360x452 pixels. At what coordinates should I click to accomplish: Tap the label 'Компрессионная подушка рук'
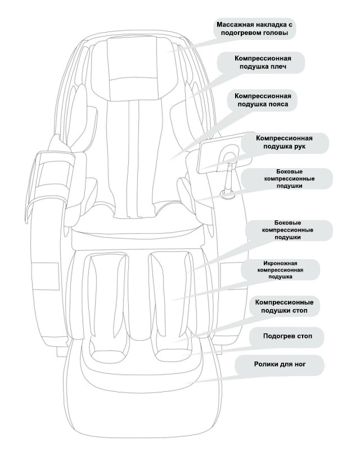tap(283, 142)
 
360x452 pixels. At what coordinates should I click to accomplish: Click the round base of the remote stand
tap(228, 195)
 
